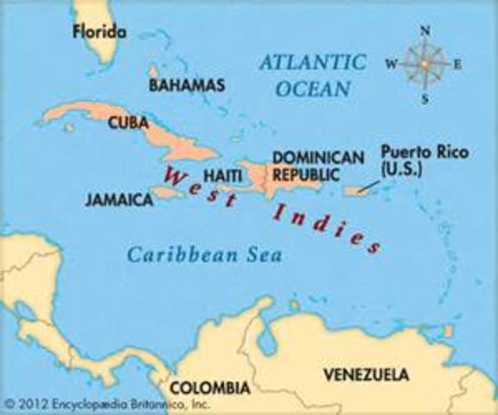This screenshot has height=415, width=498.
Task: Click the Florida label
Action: click(x=100, y=33)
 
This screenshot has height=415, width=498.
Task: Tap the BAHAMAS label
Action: click(x=187, y=85)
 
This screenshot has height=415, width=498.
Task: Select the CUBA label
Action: click(x=129, y=123)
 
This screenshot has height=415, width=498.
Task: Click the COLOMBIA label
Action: click(x=209, y=387)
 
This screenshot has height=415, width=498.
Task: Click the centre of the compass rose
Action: click(x=425, y=64)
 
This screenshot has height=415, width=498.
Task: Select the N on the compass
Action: click(x=425, y=30)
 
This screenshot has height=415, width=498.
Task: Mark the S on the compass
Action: click(x=425, y=98)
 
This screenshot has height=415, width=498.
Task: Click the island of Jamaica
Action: click(x=166, y=195)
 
